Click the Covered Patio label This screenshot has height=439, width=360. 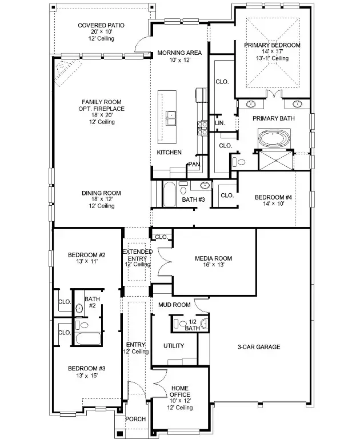click(101, 26)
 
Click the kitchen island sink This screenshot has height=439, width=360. click(171, 118)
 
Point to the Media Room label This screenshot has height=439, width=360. click(213, 258)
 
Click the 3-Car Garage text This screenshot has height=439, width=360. click(259, 347)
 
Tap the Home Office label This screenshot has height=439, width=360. click(179, 388)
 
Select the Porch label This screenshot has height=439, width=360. click(135, 419)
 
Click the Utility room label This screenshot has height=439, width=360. click(173, 346)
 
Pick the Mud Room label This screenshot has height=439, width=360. click(174, 305)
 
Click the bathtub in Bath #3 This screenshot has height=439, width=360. click(169, 194)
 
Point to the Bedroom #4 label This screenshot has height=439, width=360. click(273, 197)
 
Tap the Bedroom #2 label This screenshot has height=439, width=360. click(87, 255)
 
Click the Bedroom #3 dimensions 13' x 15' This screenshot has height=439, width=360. click(87, 376)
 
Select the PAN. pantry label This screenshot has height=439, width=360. click(194, 165)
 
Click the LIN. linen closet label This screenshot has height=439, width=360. click(219, 123)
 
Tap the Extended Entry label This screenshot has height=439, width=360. click(137, 252)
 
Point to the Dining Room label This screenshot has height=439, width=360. click(101, 193)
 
